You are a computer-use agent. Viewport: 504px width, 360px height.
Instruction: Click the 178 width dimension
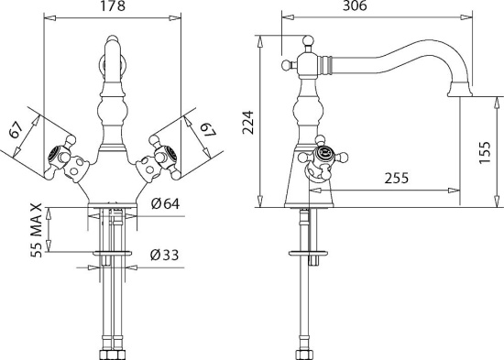(113, 6)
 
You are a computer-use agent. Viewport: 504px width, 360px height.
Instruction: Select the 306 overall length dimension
(355, 5)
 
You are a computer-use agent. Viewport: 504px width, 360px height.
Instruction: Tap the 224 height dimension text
(248, 123)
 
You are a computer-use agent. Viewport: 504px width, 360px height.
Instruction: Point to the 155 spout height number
(485, 152)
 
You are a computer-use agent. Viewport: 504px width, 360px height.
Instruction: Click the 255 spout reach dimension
(397, 178)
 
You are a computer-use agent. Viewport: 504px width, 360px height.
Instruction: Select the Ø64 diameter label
(165, 203)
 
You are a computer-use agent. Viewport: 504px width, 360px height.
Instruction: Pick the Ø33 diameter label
(164, 255)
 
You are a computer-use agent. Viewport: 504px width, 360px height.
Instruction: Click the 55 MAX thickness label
(37, 230)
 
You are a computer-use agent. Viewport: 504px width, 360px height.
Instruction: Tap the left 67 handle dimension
(16, 129)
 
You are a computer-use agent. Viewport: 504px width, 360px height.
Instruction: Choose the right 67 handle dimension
(208, 129)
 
